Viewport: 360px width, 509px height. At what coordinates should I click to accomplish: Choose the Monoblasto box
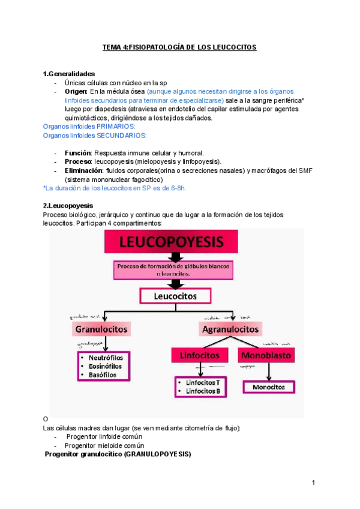pos(266,355)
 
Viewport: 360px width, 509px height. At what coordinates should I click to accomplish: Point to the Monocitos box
pos(268,387)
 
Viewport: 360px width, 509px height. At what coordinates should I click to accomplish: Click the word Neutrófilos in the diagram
pos(106,357)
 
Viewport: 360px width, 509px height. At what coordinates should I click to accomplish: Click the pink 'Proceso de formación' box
pos(174,269)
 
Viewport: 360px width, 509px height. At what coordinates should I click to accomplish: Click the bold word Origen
pos(76,91)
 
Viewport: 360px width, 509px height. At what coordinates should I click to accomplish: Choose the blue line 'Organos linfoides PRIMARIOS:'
pos(89,127)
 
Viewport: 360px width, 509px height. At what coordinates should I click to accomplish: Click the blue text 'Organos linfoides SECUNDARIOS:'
pos(95,135)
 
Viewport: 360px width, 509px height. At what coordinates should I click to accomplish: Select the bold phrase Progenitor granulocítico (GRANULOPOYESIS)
pos(118,454)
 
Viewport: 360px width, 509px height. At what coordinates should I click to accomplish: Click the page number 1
pos(313,483)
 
